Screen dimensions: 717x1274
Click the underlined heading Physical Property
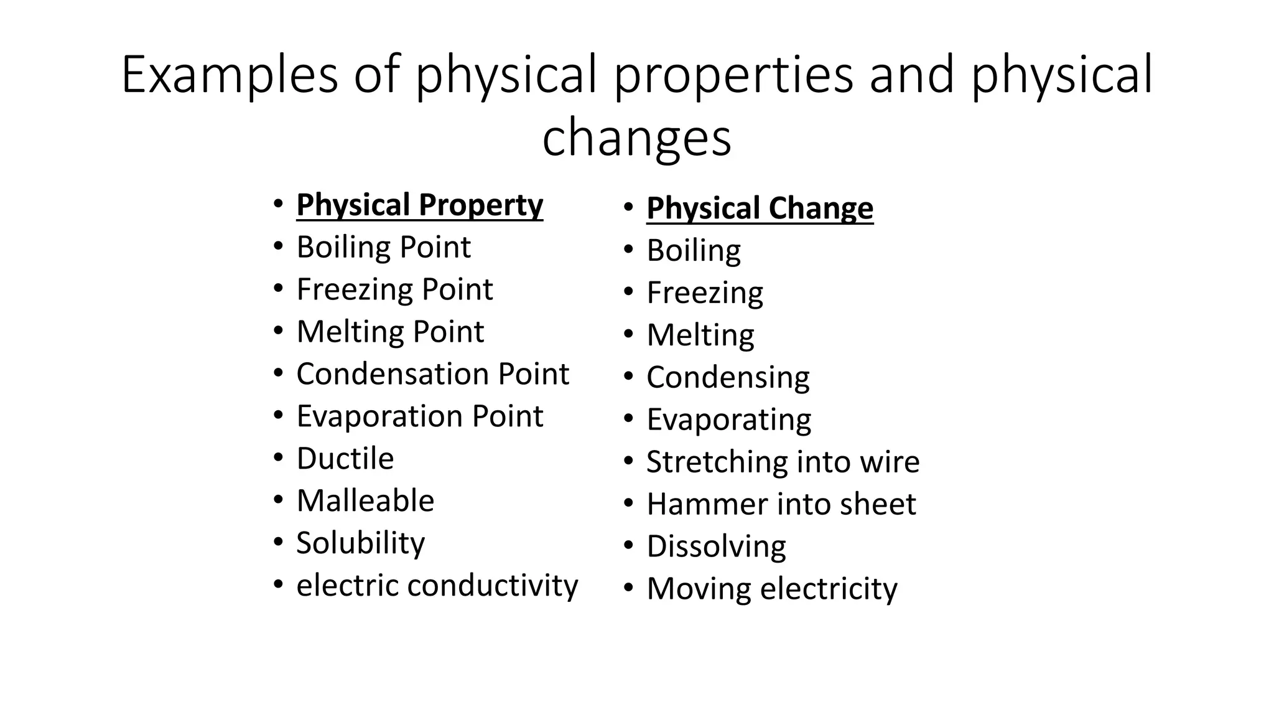point(419,205)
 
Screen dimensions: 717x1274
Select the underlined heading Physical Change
point(760,209)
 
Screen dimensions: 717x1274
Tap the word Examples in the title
point(230,75)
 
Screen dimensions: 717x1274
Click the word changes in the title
point(636,138)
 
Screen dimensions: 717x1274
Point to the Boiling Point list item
point(383,248)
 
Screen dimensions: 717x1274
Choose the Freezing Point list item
point(394,290)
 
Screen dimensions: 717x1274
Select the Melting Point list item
point(390,332)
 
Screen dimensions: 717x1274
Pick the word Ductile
point(345,459)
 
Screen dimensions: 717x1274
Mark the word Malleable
point(365,501)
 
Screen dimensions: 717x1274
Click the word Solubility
point(360,543)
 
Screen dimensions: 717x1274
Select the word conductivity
point(493,586)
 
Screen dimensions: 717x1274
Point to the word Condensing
point(728,378)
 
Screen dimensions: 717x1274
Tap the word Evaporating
point(728,420)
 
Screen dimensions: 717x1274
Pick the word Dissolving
point(716,546)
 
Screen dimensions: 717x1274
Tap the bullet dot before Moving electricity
point(628,588)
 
